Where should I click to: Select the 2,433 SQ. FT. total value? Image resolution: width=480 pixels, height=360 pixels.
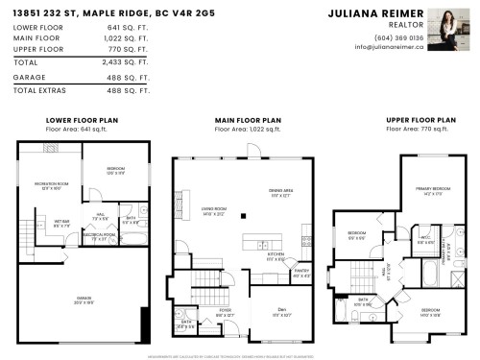pyautogui.click(x=132, y=60)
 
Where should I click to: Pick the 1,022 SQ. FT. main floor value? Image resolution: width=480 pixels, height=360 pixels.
pyautogui.click(x=132, y=38)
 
